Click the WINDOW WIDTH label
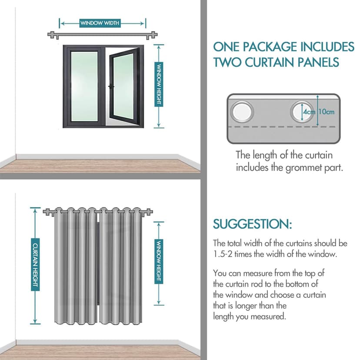pos(100,23)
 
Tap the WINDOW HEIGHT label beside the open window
pos(159,84)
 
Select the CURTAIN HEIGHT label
pos(35,265)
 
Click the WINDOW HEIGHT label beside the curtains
pos(159,261)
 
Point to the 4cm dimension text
pos(309,112)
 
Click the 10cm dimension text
pos(326,112)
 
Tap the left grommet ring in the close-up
pos(242,112)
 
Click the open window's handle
pos(111,87)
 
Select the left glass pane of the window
pos(84,87)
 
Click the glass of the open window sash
pos(123,87)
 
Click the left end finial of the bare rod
pos(52,35)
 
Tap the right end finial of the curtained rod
pos(149,212)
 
